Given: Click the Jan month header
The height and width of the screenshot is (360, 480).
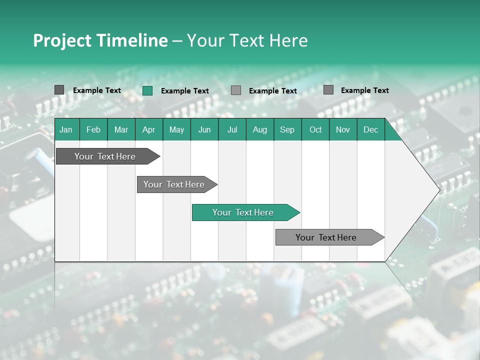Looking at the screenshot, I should (66, 129).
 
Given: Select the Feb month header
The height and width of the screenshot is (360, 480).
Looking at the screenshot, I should (93, 129).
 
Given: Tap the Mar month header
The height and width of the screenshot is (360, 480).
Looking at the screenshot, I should (121, 129).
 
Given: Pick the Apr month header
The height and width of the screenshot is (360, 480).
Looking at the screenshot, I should (148, 129).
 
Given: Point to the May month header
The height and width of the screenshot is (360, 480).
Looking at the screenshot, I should (176, 129).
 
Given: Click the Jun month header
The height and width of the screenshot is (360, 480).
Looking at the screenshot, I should (204, 129).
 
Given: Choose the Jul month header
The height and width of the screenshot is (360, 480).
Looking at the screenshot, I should (232, 129).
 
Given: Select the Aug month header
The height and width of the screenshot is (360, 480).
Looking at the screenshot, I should (259, 129).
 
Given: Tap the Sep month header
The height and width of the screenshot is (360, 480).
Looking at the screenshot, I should (287, 129).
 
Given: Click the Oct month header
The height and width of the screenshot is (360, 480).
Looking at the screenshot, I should (315, 129).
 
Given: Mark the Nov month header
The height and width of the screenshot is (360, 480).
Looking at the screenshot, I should (343, 129).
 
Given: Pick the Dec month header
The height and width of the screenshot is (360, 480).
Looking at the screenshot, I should (370, 129).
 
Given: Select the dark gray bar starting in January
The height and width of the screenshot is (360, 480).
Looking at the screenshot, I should (105, 156).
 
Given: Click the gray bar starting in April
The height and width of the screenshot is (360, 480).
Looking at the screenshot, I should (174, 184).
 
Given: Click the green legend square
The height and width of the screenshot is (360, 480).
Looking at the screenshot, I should (147, 90).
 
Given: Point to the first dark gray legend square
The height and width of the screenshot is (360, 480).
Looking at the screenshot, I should (59, 90).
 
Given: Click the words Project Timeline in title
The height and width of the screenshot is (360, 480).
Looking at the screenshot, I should (100, 40).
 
